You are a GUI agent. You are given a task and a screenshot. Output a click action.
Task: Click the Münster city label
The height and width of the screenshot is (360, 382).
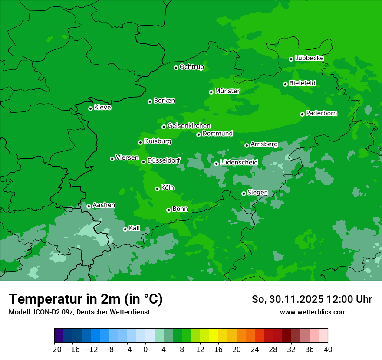[x=227, y=91]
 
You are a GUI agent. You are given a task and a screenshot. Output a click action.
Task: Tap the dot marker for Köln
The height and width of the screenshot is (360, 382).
[x=157, y=189]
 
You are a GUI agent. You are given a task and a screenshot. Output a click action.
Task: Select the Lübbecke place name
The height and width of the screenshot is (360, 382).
[x=309, y=58]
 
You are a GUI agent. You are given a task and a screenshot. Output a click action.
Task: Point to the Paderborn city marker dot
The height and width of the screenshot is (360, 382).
[x=302, y=114]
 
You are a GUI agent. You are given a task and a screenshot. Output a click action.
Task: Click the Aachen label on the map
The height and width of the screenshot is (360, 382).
[x=104, y=205]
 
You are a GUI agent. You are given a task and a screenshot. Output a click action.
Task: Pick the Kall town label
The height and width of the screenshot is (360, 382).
[x=135, y=228]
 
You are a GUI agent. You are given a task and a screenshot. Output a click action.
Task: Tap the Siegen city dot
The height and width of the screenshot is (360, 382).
[x=244, y=193]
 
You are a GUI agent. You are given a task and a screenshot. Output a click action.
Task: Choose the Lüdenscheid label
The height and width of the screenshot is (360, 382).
[x=239, y=163]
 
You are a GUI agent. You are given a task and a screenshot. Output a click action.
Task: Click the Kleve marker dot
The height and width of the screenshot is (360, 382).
[x=90, y=108]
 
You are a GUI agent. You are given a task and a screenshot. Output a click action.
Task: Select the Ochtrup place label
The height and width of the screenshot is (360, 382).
[x=191, y=67]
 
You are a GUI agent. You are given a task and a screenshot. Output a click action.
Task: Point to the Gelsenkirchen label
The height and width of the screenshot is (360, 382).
[x=189, y=126]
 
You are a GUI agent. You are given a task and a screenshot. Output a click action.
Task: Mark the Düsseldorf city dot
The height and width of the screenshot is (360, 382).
[x=143, y=162]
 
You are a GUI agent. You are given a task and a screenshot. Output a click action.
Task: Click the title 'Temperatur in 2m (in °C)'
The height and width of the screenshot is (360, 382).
[x=86, y=299]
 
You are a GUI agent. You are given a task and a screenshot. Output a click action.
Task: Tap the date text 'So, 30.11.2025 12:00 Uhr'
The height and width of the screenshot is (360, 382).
[x=312, y=299]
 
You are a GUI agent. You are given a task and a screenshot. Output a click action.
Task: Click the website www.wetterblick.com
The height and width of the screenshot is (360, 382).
[x=313, y=312]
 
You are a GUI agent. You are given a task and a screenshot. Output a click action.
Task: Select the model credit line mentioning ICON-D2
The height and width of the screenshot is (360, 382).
[x=79, y=312]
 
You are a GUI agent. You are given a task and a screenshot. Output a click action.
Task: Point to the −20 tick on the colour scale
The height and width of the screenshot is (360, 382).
[x=54, y=350]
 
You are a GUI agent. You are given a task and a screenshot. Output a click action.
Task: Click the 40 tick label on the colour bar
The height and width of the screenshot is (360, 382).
[x=328, y=350]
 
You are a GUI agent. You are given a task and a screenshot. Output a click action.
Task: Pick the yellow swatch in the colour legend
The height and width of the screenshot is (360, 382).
[x=214, y=336]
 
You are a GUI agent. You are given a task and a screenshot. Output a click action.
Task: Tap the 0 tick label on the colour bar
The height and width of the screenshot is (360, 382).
[x=145, y=350]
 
